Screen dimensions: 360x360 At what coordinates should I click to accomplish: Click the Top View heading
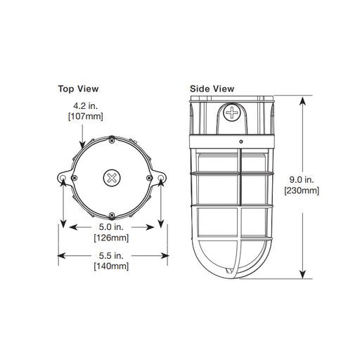pyautogui.click(x=78, y=89)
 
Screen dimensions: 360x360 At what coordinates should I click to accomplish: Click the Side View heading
pyautogui.click(x=212, y=89)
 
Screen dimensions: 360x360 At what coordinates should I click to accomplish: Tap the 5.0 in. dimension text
pyautogui.click(x=112, y=226)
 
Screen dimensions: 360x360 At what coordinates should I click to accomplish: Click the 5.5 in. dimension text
pyautogui.click(x=112, y=255)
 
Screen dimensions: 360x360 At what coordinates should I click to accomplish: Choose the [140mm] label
pyautogui.click(x=111, y=266)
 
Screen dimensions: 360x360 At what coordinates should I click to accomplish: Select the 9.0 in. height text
pyautogui.click(x=302, y=180)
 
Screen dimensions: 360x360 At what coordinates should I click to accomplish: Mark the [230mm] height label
pyautogui.click(x=302, y=191)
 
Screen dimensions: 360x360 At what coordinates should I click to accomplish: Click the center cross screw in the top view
pyautogui.click(x=112, y=176)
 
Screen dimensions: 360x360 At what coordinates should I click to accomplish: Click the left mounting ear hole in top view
pyautogui.click(x=64, y=179)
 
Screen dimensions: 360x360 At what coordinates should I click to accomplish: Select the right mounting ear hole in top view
pyautogui.click(x=161, y=179)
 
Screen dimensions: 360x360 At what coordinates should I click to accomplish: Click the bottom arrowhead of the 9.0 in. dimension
pyautogui.click(x=302, y=275)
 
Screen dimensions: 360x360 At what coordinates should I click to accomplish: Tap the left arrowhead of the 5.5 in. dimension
pyautogui.click(x=61, y=255)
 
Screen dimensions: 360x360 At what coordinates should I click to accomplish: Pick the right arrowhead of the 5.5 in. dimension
pyautogui.click(x=165, y=255)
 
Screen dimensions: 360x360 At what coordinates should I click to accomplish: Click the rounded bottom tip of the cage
pyautogui.click(x=232, y=277)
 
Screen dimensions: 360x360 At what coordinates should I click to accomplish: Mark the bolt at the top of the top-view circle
pyautogui.click(x=111, y=137)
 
